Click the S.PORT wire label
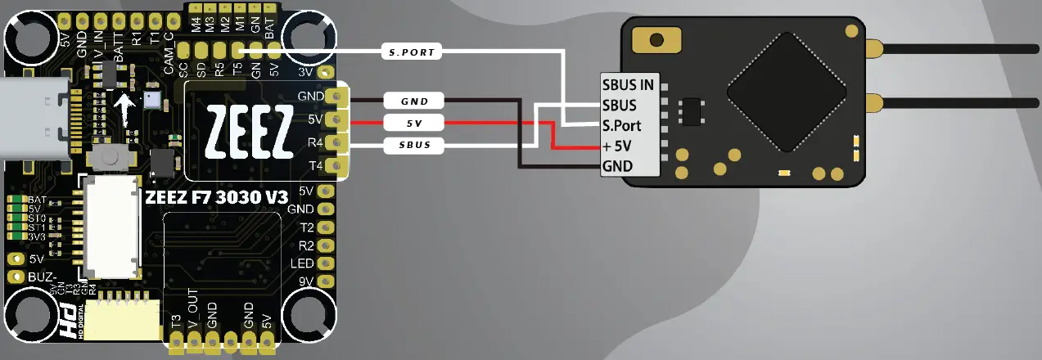(x=413, y=52)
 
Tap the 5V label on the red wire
(x=414, y=124)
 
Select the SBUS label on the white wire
(x=414, y=146)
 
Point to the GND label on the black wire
(x=414, y=101)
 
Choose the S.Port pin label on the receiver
(x=622, y=126)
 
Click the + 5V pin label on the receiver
(x=622, y=146)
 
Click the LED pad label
(x=303, y=263)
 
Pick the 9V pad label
(x=305, y=282)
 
